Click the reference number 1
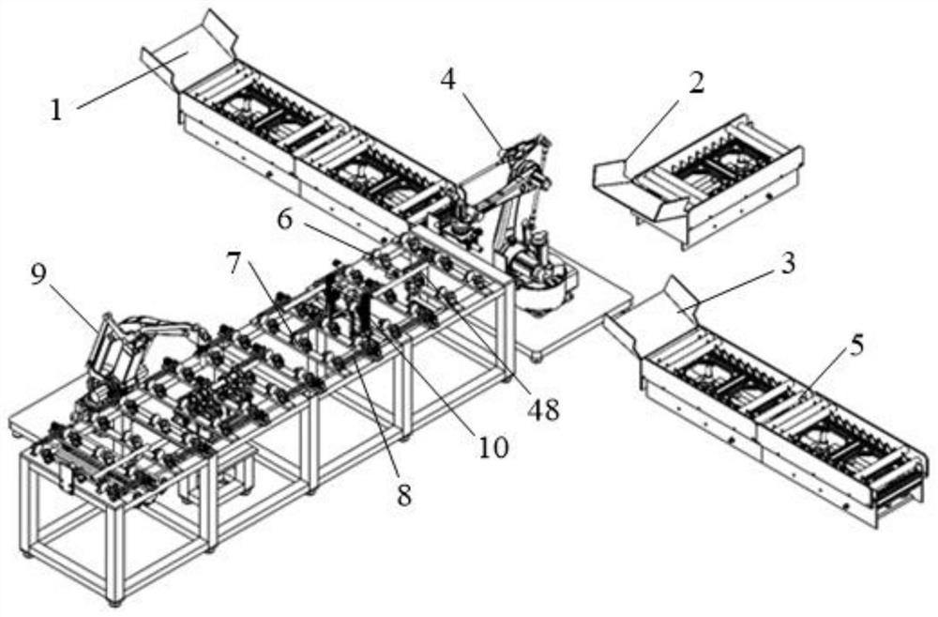click(x=56, y=110)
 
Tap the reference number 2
click(x=696, y=83)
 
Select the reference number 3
click(x=786, y=264)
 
